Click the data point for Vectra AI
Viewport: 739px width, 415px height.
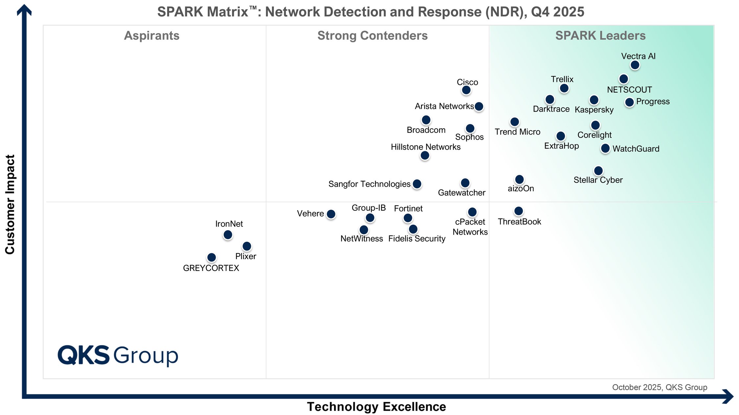click(x=635, y=65)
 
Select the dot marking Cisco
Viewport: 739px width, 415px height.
click(x=466, y=90)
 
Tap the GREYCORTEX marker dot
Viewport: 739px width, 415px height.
click(x=212, y=257)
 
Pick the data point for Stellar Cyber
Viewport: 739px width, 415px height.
click(x=598, y=171)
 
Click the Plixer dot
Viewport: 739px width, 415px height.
click(x=246, y=246)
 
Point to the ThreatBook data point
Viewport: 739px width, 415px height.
click(x=518, y=211)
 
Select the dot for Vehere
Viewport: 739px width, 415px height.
click(x=331, y=214)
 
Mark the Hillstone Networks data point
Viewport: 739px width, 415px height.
click(x=425, y=155)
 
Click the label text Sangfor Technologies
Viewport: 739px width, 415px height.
click(x=369, y=184)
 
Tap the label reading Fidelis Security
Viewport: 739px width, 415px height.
click(x=416, y=239)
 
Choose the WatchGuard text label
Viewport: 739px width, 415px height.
click(x=636, y=149)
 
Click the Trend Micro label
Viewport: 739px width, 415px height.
click(x=517, y=132)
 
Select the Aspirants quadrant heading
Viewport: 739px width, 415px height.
click(x=151, y=35)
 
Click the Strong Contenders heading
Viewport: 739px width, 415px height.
click(x=372, y=35)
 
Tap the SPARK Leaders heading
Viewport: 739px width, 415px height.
click(x=600, y=35)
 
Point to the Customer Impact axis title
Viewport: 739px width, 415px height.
click(x=10, y=204)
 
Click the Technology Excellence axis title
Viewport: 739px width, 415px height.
click(x=376, y=406)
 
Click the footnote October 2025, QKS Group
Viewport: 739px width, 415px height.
click(x=659, y=387)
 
